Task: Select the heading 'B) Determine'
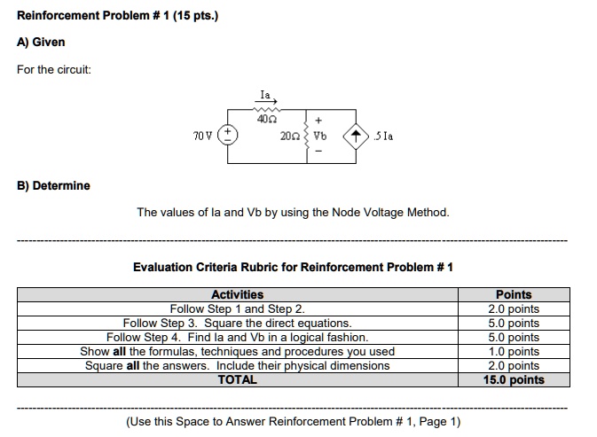click(x=53, y=185)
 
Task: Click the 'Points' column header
click(x=514, y=294)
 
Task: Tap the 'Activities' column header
click(x=237, y=294)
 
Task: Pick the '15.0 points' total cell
click(x=514, y=379)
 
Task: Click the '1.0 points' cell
click(x=514, y=351)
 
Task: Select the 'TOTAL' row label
click(x=237, y=379)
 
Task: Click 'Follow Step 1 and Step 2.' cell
click(x=237, y=308)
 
